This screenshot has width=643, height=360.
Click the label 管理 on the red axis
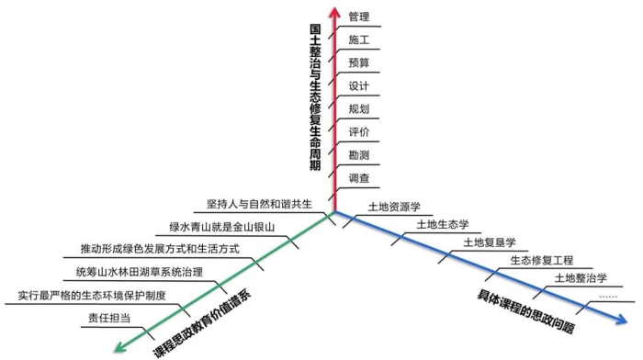(358, 17)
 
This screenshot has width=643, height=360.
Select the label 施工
(358, 39)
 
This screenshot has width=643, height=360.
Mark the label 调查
(358, 177)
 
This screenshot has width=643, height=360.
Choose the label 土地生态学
(443, 224)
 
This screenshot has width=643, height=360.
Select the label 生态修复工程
(541, 260)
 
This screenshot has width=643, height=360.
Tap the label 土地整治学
(581, 277)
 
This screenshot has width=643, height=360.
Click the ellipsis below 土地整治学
(607, 296)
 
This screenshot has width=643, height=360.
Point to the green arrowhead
(117, 347)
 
